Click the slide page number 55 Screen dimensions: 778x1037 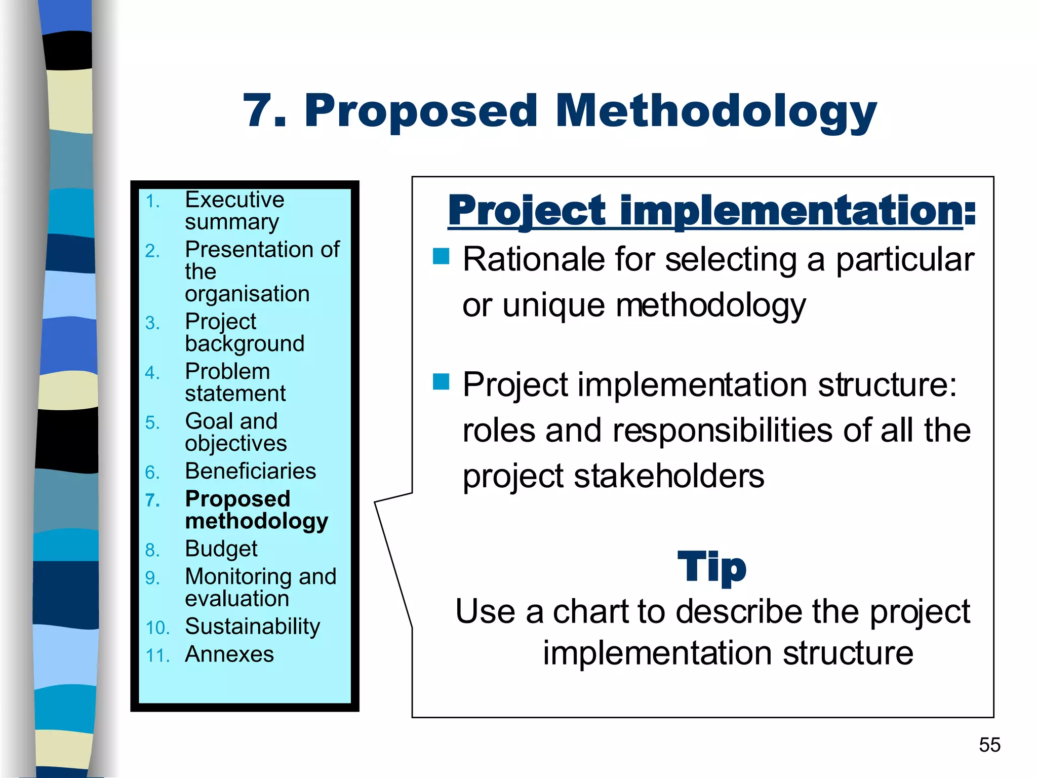[x=989, y=745]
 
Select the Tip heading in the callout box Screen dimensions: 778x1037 [x=711, y=567]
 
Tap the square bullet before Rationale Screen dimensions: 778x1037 [x=441, y=256]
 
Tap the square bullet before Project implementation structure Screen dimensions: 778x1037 [x=441, y=381]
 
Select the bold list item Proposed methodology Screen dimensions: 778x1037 [x=256, y=510]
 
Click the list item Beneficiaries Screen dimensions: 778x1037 [x=250, y=471]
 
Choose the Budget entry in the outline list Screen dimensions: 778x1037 [x=221, y=549]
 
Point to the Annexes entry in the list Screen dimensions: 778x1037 [x=229, y=654]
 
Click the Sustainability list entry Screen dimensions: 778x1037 [x=252, y=627]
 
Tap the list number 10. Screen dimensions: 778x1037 [x=157, y=628]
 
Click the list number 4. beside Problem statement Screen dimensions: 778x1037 [x=152, y=373]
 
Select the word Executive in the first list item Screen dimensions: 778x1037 [x=234, y=200]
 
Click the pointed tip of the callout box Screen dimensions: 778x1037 [x=375, y=502]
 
